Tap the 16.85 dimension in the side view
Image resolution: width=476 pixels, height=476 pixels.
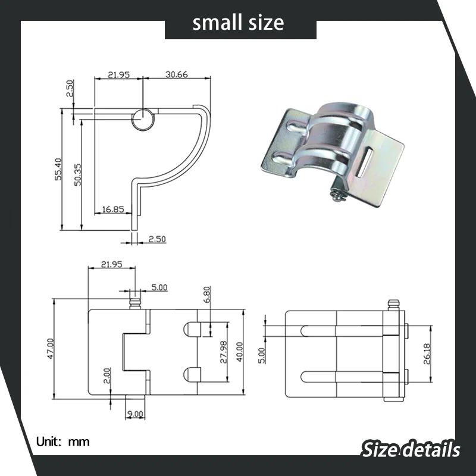[x=113, y=209]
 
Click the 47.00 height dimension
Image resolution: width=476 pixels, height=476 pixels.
[x=51, y=349]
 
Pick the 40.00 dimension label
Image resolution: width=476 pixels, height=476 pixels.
[x=239, y=350]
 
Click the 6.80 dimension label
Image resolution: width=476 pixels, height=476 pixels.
[x=206, y=296]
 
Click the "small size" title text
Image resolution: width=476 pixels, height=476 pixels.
[x=238, y=23]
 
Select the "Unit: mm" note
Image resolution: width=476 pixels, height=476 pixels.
[x=63, y=441]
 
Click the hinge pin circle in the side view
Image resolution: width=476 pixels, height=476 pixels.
[x=143, y=118]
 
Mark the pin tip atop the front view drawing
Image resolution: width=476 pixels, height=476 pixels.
[x=135, y=303]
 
